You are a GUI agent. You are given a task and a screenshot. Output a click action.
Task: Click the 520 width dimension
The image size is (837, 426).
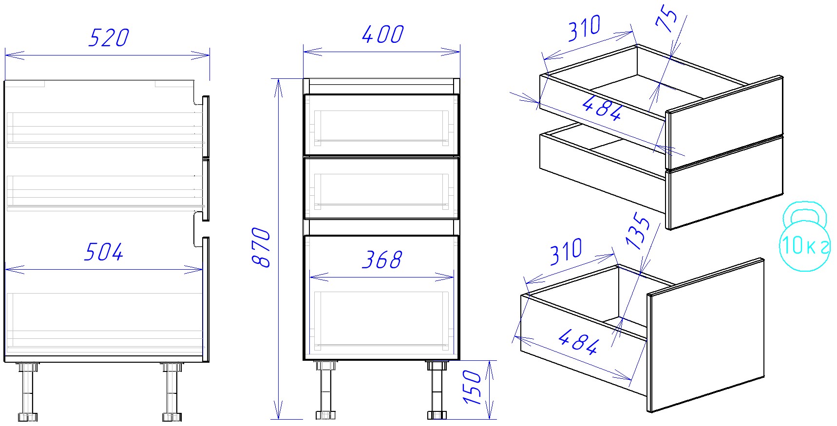click(108, 38)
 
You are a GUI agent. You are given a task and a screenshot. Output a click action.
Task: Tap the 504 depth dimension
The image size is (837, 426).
click(104, 252)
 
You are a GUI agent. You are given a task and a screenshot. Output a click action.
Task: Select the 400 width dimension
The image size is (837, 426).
click(383, 34)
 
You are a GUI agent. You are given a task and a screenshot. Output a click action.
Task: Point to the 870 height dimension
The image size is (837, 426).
click(262, 247)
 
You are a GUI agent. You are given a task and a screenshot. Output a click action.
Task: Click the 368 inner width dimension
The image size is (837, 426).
click(382, 260)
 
